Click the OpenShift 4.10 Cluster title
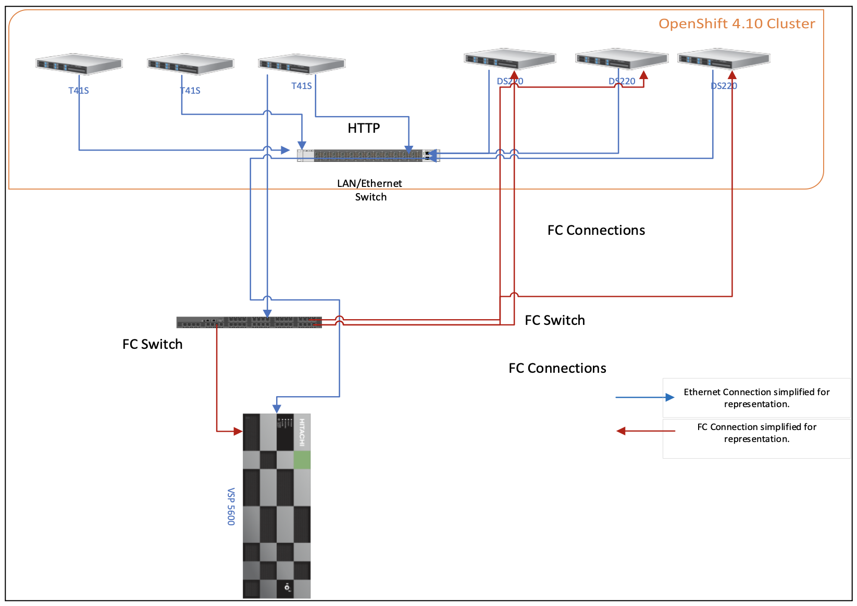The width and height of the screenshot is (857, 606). (x=736, y=23)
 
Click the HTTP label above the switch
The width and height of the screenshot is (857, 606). (x=364, y=128)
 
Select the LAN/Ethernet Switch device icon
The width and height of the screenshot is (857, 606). (x=368, y=155)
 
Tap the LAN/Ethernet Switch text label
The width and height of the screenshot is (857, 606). (x=369, y=190)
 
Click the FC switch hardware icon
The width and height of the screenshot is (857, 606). (x=249, y=322)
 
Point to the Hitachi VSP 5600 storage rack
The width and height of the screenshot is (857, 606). (x=277, y=506)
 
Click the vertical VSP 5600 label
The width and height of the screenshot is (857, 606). (x=231, y=506)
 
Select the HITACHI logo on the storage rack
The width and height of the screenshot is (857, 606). (x=302, y=432)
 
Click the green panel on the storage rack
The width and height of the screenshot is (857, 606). (x=302, y=460)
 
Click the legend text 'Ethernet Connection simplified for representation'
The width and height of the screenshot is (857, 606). (x=756, y=398)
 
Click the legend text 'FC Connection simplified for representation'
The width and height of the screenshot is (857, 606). (x=756, y=433)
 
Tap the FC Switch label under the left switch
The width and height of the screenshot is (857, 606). (x=152, y=344)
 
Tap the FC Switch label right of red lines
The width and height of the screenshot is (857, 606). (x=554, y=320)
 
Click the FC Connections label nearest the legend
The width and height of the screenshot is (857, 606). (x=557, y=368)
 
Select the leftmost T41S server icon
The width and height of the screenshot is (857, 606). (x=79, y=64)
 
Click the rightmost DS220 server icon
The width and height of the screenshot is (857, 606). (x=723, y=58)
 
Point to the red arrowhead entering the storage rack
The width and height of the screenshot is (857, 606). (x=238, y=431)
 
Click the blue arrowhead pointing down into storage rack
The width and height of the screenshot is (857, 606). (x=277, y=409)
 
